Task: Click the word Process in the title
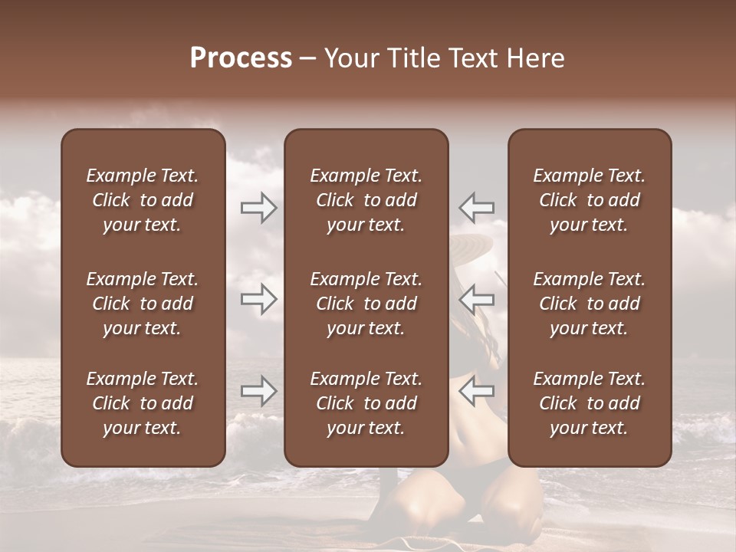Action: tap(241, 58)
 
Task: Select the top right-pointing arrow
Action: tap(258, 208)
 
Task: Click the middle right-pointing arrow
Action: tap(258, 299)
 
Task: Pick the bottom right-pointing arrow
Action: tap(258, 391)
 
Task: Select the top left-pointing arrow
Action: tap(476, 207)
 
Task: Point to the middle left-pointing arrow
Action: tap(476, 298)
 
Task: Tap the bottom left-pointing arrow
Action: tap(476, 390)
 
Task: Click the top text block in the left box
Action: tap(143, 200)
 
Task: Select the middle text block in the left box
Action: tap(143, 304)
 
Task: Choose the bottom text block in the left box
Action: tap(143, 403)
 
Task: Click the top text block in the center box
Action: tap(366, 200)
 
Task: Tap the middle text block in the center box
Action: tap(366, 304)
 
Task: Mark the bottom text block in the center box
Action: tap(366, 403)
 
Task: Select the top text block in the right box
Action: tap(589, 200)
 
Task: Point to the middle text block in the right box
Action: tap(589, 304)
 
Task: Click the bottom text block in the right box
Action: tap(589, 403)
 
